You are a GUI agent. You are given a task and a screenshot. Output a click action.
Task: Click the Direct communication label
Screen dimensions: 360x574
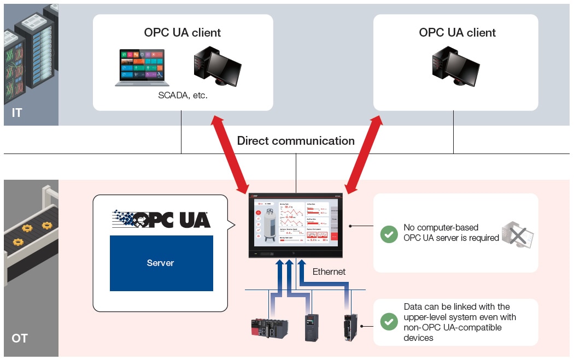[x=296, y=141]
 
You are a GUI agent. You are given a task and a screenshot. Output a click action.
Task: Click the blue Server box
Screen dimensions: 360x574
[x=161, y=263]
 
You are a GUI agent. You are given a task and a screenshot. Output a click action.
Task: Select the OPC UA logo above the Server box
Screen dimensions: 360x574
[x=161, y=219]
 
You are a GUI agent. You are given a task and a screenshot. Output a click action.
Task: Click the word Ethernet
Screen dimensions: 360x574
[x=329, y=272]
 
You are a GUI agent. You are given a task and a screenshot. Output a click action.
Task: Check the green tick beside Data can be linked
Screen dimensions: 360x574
[x=389, y=322]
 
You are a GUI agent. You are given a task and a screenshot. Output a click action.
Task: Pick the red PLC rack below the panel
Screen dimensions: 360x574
[x=268, y=328]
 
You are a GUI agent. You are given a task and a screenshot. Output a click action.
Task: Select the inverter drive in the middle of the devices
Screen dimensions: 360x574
[x=312, y=327]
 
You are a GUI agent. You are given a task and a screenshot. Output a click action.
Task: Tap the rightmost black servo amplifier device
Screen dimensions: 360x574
[x=350, y=327]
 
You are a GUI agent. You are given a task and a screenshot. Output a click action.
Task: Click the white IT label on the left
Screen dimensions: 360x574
[x=17, y=113]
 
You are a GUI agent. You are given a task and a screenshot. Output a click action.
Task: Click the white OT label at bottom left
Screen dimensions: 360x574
[x=20, y=339]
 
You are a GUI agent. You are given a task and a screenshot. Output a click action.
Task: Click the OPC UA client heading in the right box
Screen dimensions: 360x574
[x=457, y=33]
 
